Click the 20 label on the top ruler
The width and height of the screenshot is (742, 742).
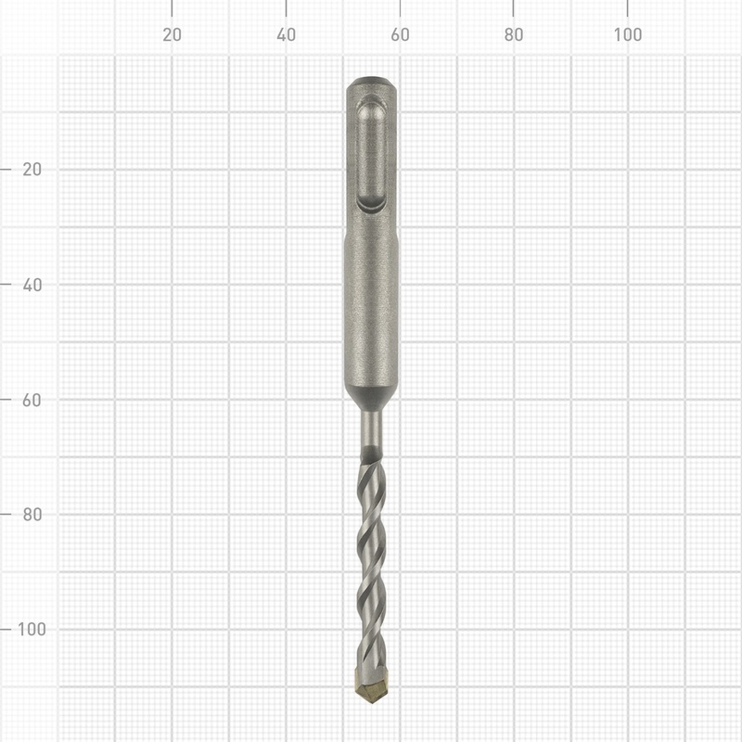172,35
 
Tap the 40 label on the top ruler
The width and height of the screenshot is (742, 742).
286,35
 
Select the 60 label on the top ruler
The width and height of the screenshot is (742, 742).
400,35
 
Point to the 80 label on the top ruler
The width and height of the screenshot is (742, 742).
514,35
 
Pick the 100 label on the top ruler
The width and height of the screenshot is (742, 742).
628,35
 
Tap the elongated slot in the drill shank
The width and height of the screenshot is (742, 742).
372,153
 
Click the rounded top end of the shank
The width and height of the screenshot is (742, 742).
371,84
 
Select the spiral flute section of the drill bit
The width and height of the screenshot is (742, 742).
371,556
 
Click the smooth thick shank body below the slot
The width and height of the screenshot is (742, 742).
371,306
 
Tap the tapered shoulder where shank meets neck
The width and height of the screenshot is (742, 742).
371,399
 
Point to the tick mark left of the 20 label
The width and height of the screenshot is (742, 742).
7,170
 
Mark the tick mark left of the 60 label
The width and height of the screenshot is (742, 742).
7,399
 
